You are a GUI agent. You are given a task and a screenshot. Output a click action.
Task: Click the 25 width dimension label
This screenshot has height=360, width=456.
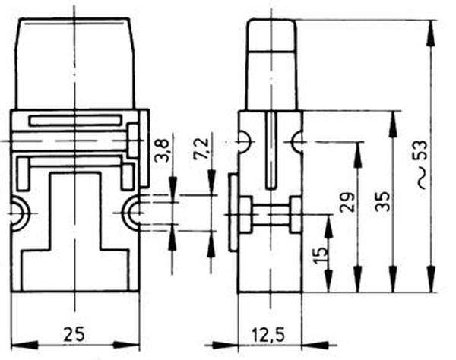[74, 334]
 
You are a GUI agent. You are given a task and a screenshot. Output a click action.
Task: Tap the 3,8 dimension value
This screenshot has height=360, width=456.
[162, 150]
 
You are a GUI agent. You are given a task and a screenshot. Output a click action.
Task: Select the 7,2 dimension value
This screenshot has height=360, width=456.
[201, 148]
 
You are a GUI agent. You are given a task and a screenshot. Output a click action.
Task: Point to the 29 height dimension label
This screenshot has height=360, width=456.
[347, 201]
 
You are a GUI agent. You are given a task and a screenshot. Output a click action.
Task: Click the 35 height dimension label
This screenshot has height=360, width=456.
[383, 201]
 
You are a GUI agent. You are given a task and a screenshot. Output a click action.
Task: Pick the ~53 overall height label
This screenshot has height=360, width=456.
[422, 164]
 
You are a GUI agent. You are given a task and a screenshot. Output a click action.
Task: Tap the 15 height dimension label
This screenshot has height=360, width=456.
[321, 255]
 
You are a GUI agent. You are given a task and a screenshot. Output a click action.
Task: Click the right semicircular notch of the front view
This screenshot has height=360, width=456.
[131, 213]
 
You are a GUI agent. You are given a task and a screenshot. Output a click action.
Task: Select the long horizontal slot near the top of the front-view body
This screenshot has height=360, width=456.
[75, 121]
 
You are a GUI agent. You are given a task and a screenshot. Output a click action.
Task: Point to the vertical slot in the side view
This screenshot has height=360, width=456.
[271, 150]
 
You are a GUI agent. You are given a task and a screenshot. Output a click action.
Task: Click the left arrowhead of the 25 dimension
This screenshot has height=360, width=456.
[25, 345]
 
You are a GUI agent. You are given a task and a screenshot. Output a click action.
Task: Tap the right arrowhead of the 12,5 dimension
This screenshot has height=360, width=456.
[315, 346]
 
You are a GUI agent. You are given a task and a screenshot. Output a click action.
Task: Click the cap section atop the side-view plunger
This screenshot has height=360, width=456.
[272, 36]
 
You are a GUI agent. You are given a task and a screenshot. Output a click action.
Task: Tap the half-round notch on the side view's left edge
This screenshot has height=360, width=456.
[244, 142]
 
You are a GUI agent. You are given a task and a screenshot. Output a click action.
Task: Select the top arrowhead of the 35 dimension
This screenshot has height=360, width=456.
[393, 124]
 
